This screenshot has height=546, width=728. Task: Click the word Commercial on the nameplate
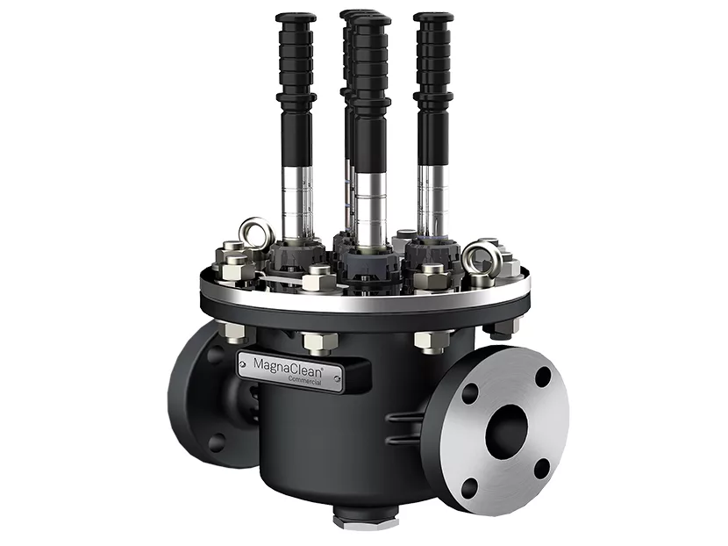304,379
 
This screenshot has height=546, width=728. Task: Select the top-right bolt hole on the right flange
543,377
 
